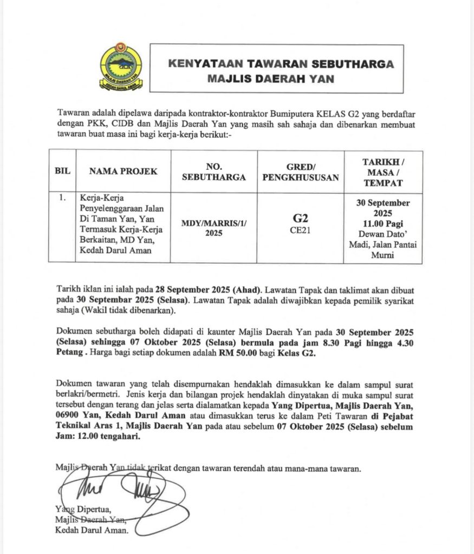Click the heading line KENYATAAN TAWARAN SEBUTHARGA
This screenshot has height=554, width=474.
281,64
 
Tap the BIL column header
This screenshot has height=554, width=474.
62,171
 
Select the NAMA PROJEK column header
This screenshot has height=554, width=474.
123,171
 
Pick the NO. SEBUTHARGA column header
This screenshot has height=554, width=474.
214,171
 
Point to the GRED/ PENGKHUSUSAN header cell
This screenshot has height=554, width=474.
301,171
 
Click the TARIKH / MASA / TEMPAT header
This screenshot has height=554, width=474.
383,171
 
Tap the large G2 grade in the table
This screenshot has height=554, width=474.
301,219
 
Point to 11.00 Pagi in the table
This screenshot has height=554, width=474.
383,223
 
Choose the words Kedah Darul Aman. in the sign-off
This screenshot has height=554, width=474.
92,530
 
